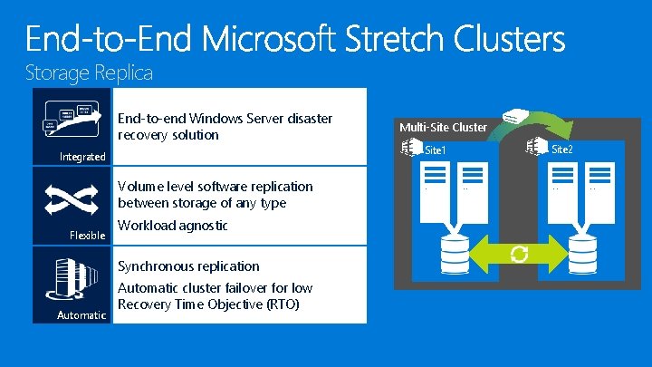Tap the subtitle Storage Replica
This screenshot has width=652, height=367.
(89, 71)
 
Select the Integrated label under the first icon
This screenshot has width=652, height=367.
(82, 157)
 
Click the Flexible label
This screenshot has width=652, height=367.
(88, 236)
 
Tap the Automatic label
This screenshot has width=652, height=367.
(82, 314)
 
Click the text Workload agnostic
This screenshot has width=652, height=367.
(172, 225)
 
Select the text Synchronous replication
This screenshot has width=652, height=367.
(188, 266)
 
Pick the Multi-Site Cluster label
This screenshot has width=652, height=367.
(444, 128)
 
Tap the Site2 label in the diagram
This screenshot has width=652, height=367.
(561, 148)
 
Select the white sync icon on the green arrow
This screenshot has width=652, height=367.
(519, 254)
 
